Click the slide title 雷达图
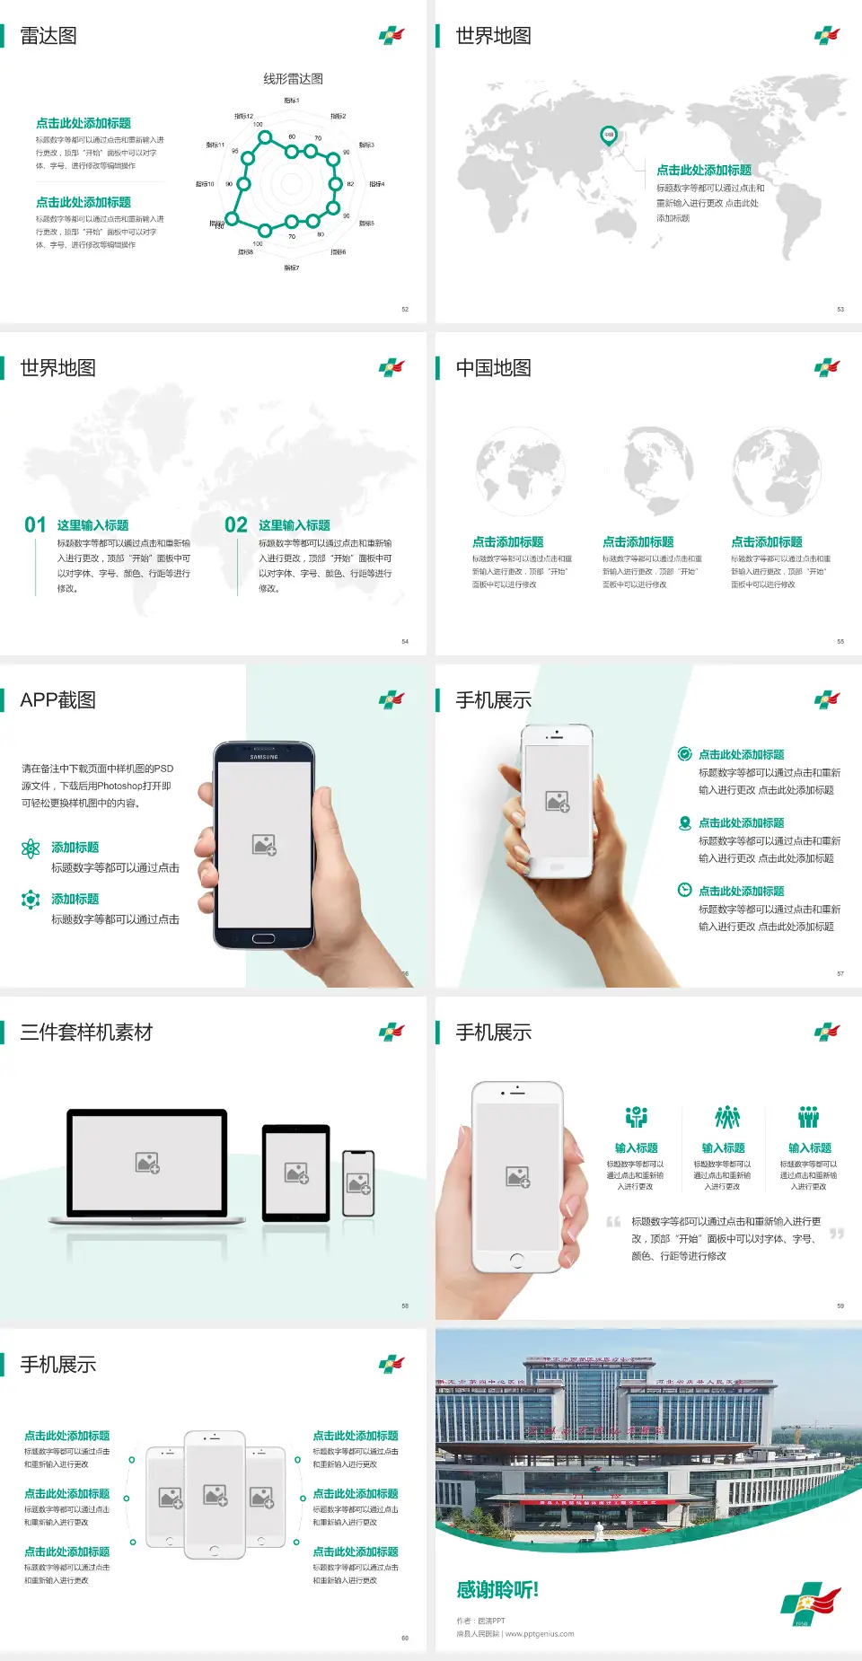(x=48, y=36)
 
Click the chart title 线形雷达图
(x=293, y=79)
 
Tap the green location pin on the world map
(x=609, y=136)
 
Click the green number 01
(x=35, y=525)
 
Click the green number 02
(x=236, y=525)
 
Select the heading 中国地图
(x=493, y=368)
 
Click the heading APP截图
(x=57, y=700)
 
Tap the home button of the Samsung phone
(x=263, y=938)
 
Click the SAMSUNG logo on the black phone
(x=264, y=757)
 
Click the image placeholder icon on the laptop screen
(x=147, y=1163)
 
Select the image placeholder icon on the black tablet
(x=296, y=1173)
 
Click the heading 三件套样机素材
(x=86, y=1033)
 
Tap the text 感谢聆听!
(x=497, y=1590)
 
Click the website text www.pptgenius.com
(x=540, y=1634)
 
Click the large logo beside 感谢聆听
(x=809, y=1603)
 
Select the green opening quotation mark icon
(x=613, y=1222)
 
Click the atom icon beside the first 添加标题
(x=31, y=848)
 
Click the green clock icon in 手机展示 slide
(x=684, y=890)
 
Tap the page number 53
(x=840, y=310)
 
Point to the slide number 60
(x=405, y=1639)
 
